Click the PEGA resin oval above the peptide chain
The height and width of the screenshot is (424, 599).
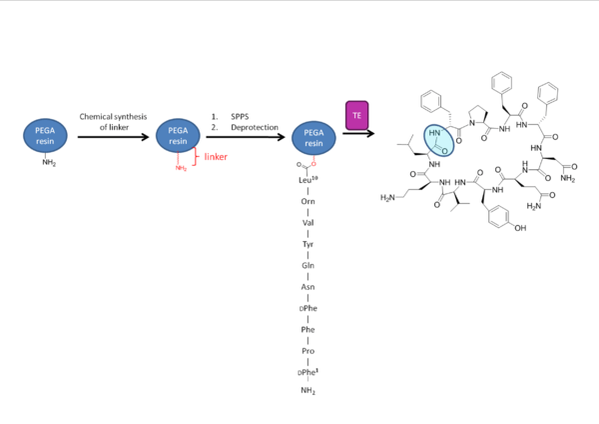pos(312,135)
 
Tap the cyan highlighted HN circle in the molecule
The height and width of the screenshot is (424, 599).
pos(438,140)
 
